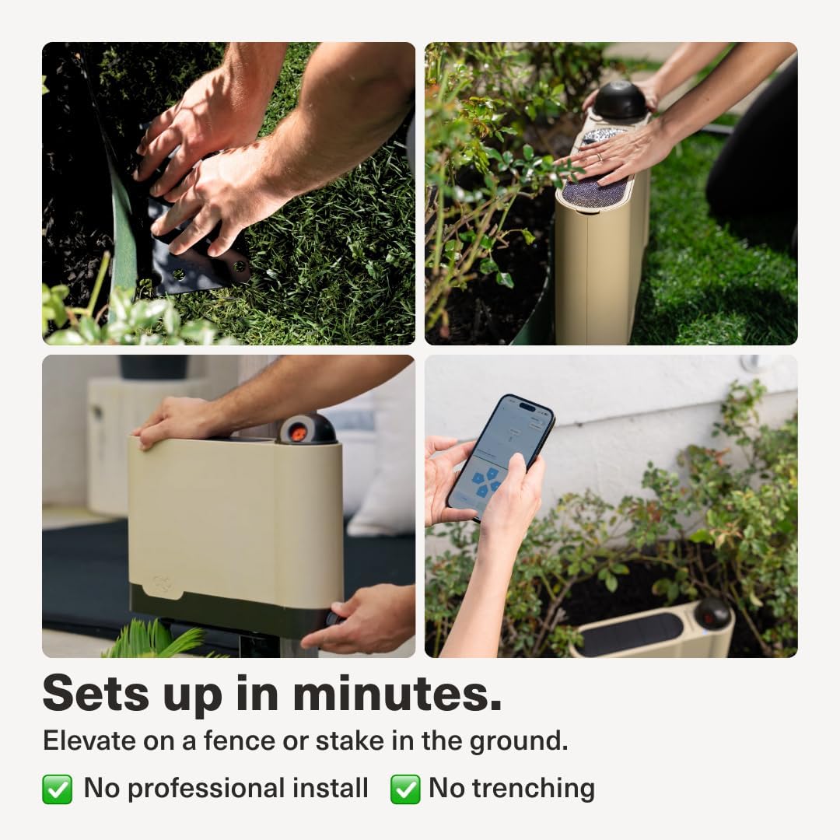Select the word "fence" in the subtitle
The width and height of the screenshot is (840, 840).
tap(240, 740)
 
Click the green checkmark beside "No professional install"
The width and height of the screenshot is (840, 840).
tap(58, 789)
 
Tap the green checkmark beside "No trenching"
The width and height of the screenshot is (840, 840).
tap(405, 789)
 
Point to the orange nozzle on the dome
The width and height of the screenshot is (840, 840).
tap(298, 432)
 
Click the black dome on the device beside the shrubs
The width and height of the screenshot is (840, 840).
tap(712, 614)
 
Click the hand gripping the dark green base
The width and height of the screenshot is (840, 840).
tap(360, 619)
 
